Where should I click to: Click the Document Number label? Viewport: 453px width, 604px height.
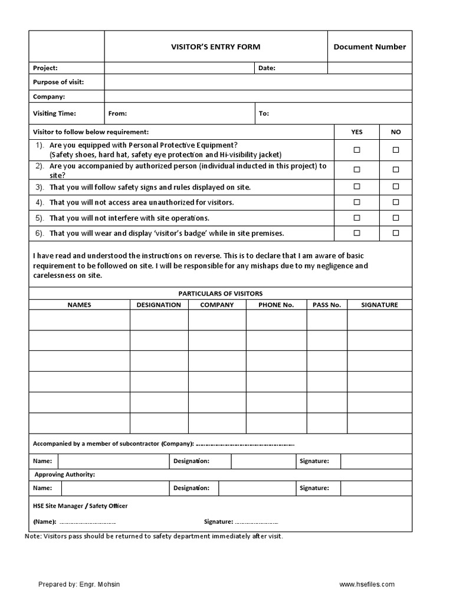click(x=370, y=47)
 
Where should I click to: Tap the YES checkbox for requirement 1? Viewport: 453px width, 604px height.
click(x=357, y=150)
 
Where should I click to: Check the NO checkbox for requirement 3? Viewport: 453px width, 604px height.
click(x=396, y=187)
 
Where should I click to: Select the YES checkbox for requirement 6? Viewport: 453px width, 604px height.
click(x=357, y=233)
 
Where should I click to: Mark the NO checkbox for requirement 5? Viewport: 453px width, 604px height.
click(x=396, y=218)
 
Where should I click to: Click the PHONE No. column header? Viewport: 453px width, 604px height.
click(x=276, y=305)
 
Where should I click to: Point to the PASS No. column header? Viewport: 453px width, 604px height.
click(x=327, y=305)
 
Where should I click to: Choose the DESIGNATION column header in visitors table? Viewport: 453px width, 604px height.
click(x=159, y=305)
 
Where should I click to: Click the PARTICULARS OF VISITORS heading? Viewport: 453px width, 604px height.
click(x=221, y=293)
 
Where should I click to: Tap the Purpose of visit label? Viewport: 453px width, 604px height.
click(x=58, y=82)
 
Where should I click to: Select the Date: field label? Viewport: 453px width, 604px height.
click(x=267, y=68)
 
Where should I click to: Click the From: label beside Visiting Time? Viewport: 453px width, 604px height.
click(x=117, y=113)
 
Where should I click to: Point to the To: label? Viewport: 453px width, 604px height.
click(x=264, y=113)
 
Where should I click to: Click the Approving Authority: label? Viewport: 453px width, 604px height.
click(x=65, y=474)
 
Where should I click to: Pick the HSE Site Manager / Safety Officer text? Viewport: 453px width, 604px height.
click(x=80, y=505)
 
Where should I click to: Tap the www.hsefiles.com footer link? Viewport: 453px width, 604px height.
click(x=367, y=585)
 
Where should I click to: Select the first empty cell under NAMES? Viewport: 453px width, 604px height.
click(x=80, y=320)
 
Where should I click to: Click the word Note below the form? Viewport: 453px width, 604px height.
click(x=32, y=537)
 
